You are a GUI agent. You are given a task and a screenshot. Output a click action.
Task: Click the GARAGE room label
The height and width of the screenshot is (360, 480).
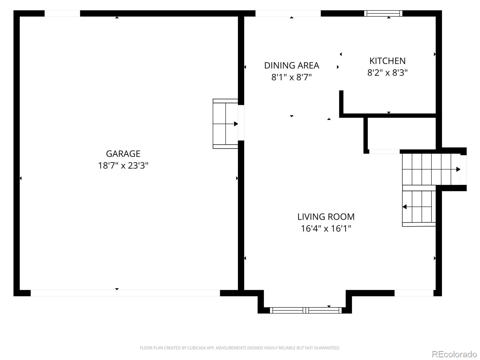click(x=123, y=154)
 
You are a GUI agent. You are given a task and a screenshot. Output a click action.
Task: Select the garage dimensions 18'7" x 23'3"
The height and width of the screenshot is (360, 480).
click(x=123, y=166)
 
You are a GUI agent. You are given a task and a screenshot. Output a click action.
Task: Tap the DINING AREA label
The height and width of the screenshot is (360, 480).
click(x=292, y=65)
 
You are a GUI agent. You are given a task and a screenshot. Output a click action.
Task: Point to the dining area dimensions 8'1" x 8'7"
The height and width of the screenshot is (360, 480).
click(x=292, y=77)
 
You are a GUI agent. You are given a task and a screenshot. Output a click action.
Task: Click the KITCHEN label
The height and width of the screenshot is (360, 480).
click(x=387, y=61)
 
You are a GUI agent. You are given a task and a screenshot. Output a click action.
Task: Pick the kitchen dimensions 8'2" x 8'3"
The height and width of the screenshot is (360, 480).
click(x=387, y=73)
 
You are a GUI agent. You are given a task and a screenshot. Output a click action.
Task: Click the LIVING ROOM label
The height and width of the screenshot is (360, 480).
click(x=326, y=217)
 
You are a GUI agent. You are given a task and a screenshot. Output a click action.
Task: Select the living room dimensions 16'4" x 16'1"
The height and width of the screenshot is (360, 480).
click(x=326, y=228)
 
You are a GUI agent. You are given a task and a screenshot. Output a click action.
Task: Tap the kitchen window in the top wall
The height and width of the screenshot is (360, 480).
click(x=383, y=13)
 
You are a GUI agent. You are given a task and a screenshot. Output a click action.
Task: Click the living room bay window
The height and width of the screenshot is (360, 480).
click(x=305, y=310)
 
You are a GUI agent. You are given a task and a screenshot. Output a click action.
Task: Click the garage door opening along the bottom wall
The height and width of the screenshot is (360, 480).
click(x=125, y=293)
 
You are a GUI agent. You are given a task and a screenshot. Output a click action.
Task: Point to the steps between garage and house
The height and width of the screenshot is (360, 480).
click(x=225, y=124)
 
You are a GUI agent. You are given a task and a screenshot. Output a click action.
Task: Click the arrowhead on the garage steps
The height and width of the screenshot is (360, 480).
click(x=236, y=124)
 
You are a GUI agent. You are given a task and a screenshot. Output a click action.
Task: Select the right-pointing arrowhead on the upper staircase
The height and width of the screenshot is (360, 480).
click(x=458, y=169)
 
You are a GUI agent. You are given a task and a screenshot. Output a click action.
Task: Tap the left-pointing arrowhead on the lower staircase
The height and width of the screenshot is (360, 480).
click(x=405, y=207)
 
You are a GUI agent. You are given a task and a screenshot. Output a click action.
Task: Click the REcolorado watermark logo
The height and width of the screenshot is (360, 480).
click(x=454, y=354)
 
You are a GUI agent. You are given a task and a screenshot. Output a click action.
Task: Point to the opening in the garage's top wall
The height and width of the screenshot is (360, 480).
click(x=62, y=13)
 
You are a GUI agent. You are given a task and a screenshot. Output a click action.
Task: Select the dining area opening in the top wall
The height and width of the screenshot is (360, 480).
click(x=288, y=13)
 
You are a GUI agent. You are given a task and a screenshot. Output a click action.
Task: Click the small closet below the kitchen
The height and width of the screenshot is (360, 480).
click(x=402, y=134)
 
